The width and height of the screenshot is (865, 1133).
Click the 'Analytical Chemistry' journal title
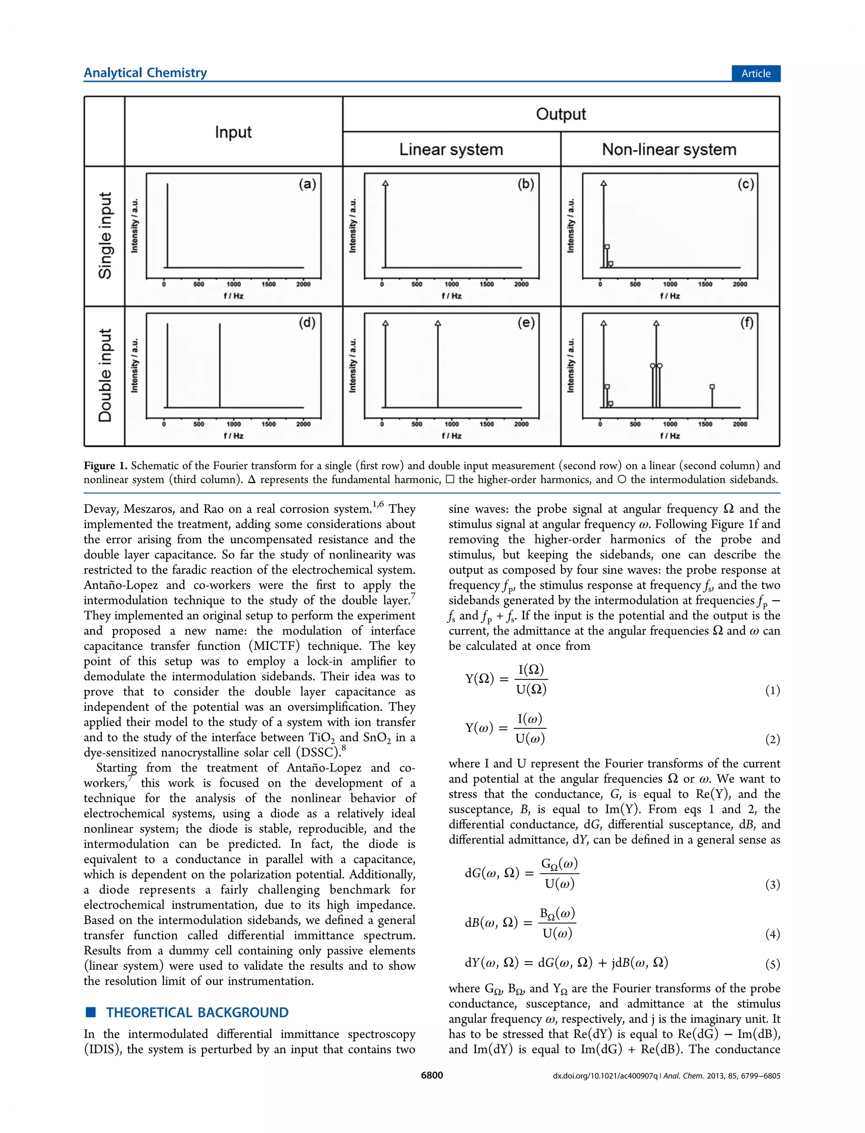coord(145,73)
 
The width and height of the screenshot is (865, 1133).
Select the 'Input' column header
coord(233,132)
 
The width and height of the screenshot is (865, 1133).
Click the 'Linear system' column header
coord(451,149)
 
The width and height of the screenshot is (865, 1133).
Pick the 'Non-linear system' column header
coord(669,149)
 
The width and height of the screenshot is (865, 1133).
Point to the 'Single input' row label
coord(105,235)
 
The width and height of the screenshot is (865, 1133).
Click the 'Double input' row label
coord(105,375)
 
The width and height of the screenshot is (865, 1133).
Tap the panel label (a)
coord(307,184)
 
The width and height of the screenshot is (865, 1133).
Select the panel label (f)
coord(747,323)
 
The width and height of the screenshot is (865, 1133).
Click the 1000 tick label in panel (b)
coord(452,284)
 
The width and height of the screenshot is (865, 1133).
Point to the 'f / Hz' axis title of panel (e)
coord(452,435)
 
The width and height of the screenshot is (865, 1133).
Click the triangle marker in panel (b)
coord(386,183)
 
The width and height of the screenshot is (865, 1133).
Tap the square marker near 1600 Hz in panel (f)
coord(712,386)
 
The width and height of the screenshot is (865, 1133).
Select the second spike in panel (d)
coord(220,366)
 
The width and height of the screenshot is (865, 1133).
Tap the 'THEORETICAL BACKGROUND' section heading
coord(197,1013)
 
